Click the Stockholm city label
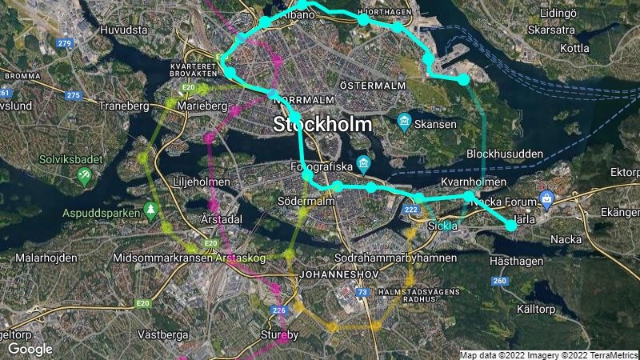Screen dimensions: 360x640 tap(322, 125)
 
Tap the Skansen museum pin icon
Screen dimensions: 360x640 tap(403, 123)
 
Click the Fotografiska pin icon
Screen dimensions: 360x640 tap(364, 163)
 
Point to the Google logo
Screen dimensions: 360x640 tap(30, 349)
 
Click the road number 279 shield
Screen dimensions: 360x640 tap(66, 42)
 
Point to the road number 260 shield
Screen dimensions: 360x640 tap(501, 281)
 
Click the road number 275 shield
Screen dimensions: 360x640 tap(74, 96)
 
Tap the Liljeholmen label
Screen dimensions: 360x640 tap(202, 182)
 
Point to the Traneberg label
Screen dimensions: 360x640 tap(125, 105)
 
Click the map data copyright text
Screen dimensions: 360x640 tap(548, 354)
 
